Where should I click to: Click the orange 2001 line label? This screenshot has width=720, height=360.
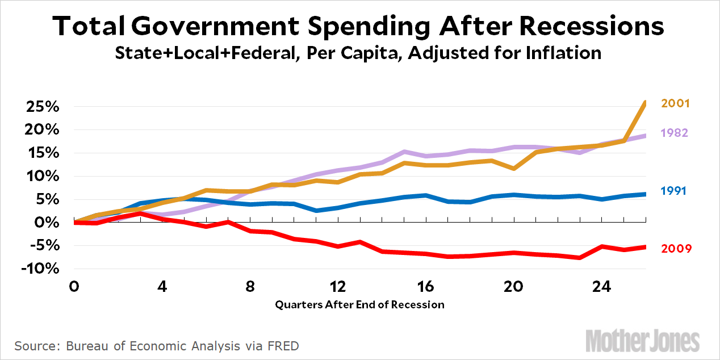pos(674,103)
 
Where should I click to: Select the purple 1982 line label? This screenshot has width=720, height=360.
pos(674,133)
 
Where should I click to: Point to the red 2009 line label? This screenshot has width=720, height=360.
pos(676,249)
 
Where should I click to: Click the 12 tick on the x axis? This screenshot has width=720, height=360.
pos(337,285)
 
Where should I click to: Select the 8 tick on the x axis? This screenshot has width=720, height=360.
pos(250,285)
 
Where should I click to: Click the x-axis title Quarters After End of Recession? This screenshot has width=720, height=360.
pos(359,304)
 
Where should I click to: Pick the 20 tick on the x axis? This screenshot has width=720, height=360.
pos(513,285)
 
